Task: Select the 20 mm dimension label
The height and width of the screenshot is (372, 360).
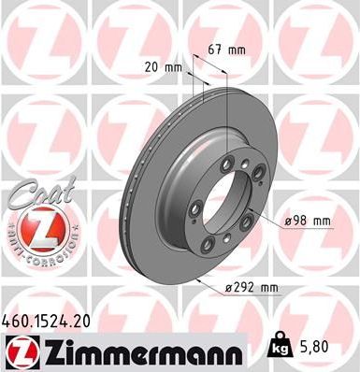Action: pos(163,67)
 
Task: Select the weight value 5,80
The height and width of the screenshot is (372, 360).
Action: pos(336,346)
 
